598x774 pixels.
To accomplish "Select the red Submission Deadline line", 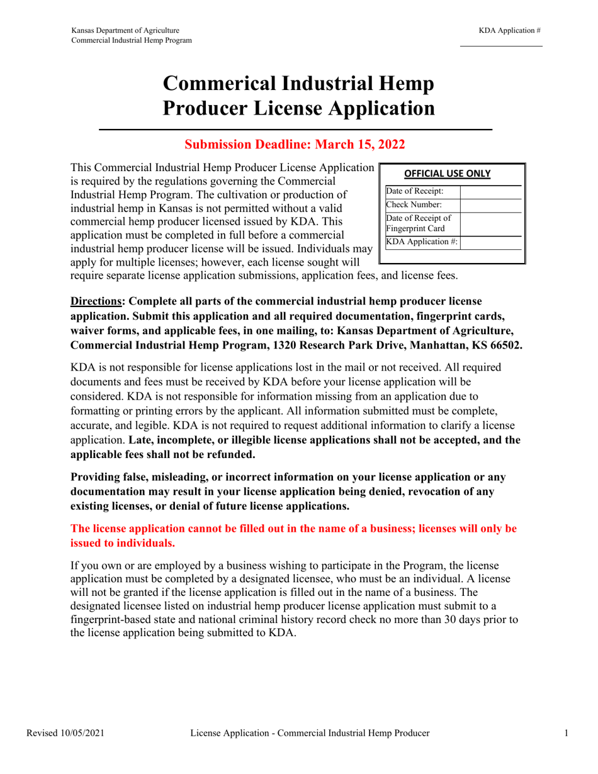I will pos(294,145).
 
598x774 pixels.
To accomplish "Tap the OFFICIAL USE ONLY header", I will pos(447,174).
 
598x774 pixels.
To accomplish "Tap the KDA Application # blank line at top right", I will pos(501,45).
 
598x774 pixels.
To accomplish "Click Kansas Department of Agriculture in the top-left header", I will pos(125,30).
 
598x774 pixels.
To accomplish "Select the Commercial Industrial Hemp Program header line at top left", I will pos(132,40).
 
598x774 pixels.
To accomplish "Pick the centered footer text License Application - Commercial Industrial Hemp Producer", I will pos(310,733).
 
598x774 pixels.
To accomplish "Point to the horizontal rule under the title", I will pos(296,129).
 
